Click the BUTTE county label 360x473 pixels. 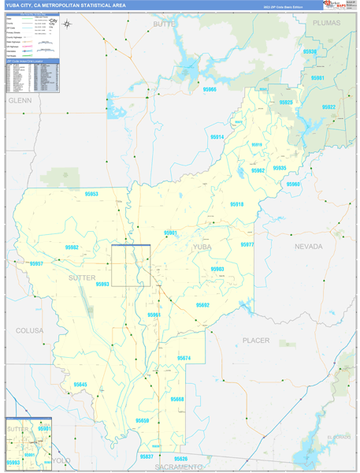165,24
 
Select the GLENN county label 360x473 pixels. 18,101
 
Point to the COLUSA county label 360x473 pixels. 29,330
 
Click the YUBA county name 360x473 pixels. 202,248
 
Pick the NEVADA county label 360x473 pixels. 309,246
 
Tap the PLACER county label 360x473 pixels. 256,341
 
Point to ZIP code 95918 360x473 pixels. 237,204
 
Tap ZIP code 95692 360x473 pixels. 202,305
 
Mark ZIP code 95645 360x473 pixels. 80,384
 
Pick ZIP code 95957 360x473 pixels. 36,263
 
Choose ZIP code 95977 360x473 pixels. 247,245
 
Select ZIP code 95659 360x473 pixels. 143,421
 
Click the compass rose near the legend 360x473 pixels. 68,24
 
